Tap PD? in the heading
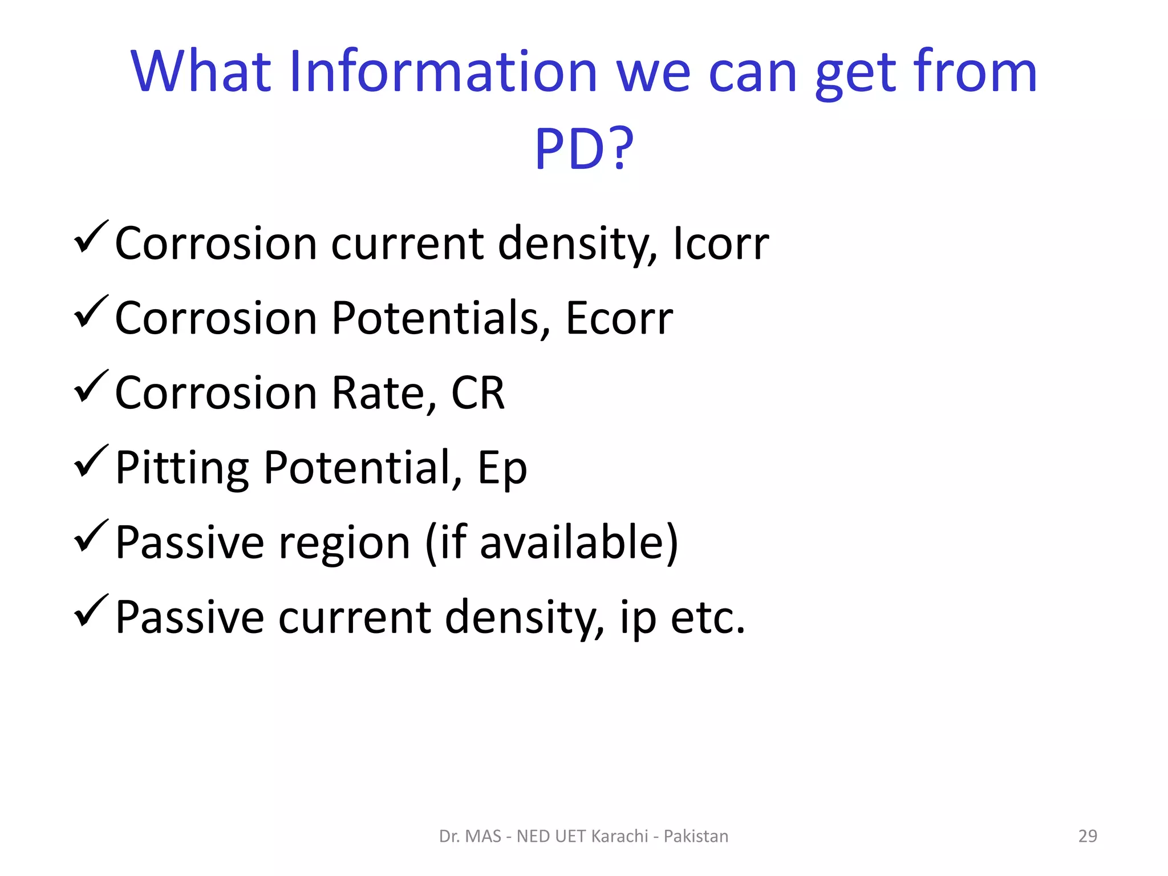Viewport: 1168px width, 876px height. [x=583, y=149]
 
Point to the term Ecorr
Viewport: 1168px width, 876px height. [x=619, y=318]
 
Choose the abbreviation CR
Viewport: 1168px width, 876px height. [x=478, y=393]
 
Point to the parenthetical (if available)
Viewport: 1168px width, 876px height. [x=551, y=542]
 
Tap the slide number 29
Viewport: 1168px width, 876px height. [x=1088, y=836]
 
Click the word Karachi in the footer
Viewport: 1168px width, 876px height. [x=619, y=836]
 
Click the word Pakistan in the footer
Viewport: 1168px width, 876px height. [x=696, y=836]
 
